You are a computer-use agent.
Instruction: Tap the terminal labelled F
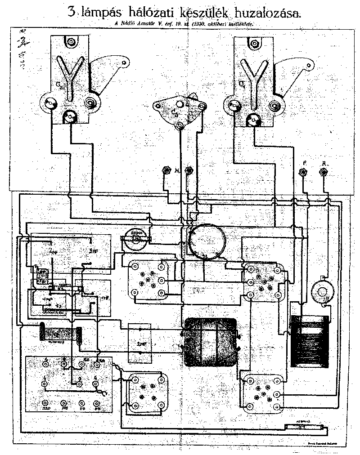(x=303, y=172)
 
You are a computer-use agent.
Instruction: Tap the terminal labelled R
(x=323, y=172)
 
